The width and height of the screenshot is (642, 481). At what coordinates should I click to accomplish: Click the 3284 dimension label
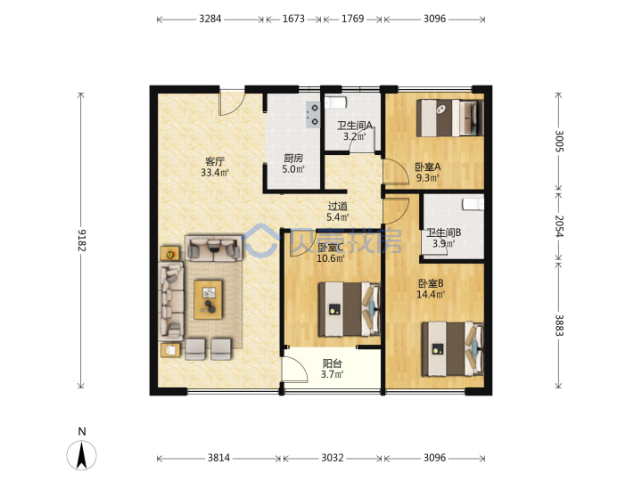click(x=210, y=19)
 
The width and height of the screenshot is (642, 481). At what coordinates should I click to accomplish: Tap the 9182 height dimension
click(x=82, y=240)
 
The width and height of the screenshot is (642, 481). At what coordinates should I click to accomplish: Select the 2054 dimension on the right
click(x=559, y=225)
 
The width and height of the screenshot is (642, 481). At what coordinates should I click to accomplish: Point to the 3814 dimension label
click(x=218, y=458)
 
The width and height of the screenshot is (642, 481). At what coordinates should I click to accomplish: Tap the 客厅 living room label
click(x=215, y=161)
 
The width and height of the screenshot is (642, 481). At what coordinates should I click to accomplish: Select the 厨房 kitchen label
click(x=293, y=158)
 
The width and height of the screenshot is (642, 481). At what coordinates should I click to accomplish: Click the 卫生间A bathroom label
click(x=355, y=126)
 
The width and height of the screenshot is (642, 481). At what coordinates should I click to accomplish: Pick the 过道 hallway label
click(x=337, y=206)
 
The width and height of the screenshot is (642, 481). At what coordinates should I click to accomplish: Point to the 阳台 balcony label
click(x=332, y=363)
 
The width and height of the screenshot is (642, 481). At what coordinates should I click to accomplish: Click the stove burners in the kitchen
click(x=313, y=115)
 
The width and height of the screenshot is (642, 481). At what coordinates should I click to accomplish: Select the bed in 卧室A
click(x=449, y=118)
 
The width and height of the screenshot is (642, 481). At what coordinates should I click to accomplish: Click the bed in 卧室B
click(x=452, y=349)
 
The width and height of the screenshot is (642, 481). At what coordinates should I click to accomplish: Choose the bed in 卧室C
click(x=350, y=309)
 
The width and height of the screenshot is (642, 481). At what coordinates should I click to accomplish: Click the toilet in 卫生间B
click(x=473, y=204)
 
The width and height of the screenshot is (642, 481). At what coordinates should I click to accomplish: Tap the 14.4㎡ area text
click(x=431, y=295)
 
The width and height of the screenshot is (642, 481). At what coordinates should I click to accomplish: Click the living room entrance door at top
click(x=232, y=103)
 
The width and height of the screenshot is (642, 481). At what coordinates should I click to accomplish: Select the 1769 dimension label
click(x=352, y=19)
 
